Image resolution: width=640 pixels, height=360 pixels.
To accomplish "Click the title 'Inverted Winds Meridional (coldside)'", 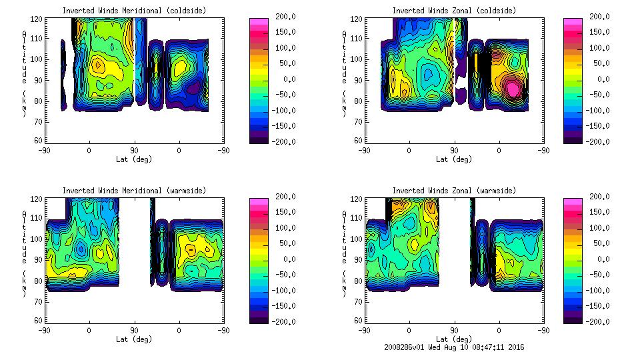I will (134, 11).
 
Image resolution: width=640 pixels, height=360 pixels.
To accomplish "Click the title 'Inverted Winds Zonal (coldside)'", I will (454, 11).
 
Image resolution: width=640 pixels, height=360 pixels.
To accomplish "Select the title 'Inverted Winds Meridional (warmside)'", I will (134, 191).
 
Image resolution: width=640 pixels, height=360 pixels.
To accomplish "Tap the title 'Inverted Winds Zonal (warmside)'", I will (454, 191).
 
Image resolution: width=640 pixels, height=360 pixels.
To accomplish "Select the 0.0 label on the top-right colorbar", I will (602, 79).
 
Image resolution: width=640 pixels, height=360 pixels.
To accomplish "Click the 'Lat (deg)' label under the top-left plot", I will (134, 159).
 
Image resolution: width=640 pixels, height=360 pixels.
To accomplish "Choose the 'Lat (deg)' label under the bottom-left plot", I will (134, 339).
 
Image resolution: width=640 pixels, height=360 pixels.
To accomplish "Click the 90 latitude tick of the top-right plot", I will (454, 151).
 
